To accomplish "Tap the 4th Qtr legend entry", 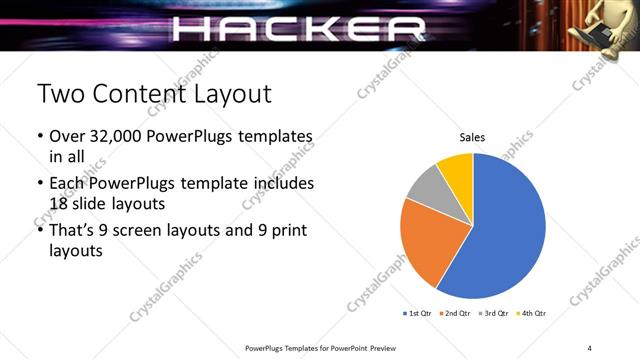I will (531, 313).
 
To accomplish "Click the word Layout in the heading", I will (231, 95).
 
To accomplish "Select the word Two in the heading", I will (59, 95).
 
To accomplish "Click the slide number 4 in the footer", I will (590, 347).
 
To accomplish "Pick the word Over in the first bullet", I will (68, 136).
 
